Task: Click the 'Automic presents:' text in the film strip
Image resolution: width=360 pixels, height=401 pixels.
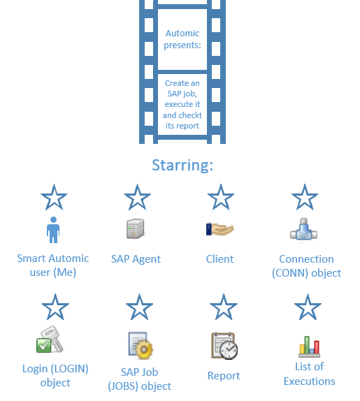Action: (182, 39)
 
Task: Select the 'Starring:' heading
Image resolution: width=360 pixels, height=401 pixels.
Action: (182, 165)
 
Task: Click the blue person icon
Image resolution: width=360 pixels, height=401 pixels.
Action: (53, 230)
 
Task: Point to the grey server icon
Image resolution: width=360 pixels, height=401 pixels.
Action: (136, 228)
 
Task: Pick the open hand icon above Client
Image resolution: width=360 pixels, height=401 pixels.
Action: (219, 229)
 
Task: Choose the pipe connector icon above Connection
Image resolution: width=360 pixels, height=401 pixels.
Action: (303, 229)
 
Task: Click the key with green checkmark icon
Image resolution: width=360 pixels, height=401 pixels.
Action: (50, 340)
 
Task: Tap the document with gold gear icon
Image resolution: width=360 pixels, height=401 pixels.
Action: (141, 345)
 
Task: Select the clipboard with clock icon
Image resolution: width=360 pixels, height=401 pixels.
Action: (224, 346)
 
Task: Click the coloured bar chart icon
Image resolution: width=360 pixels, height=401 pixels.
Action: (310, 347)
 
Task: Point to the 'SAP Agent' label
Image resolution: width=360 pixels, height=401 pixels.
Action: (136, 259)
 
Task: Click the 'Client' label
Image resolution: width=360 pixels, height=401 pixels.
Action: (219, 259)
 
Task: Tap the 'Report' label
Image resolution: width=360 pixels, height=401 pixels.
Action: (224, 376)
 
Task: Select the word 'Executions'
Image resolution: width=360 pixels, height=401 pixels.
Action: (310, 381)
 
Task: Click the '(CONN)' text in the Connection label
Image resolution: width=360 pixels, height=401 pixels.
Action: (290, 273)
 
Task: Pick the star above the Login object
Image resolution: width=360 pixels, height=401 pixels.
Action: (55, 307)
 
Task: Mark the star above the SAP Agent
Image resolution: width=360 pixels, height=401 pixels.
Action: (137, 198)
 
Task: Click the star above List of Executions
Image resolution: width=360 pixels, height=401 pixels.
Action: (308, 307)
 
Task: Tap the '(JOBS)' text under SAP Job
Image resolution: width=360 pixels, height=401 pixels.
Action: (123, 386)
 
